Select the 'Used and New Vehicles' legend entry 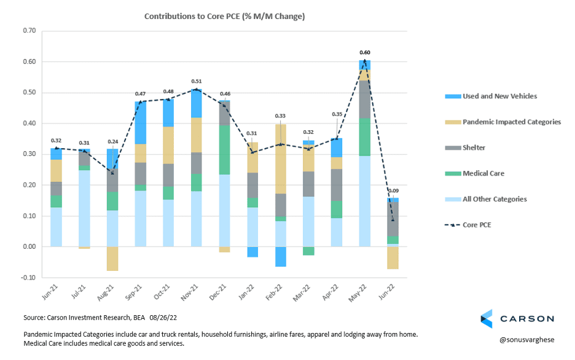(x=491, y=96)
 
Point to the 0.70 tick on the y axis (x=29, y=31)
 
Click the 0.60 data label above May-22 (x=365, y=53)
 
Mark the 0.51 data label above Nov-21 (x=196, y=80)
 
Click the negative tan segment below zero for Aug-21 (x=112, y=259)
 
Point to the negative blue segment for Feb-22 (x=281, y=256)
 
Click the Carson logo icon (x=486, y=318)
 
